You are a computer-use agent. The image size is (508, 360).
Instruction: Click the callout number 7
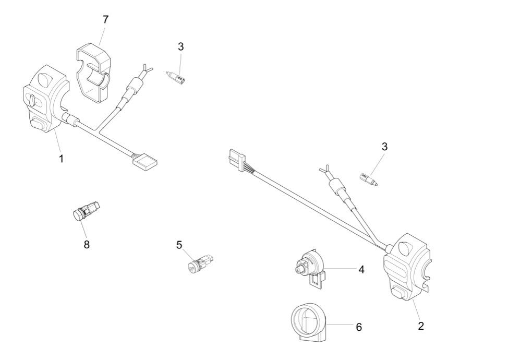coord(106,20)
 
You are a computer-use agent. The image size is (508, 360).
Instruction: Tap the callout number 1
coord(61,159)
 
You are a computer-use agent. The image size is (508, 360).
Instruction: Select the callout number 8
coord(87,244)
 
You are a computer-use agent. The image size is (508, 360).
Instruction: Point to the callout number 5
coord(179,245)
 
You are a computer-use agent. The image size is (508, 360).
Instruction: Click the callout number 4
coord(361,270)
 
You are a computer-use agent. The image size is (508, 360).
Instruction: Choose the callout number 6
coord(359,327)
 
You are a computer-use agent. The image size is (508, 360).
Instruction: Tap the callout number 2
coord(421,326)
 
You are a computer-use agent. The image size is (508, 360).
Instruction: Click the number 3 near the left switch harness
coord(180,46)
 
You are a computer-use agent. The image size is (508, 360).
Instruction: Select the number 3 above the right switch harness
coord(384,147)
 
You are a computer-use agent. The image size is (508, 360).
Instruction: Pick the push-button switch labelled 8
coord(86,211)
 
